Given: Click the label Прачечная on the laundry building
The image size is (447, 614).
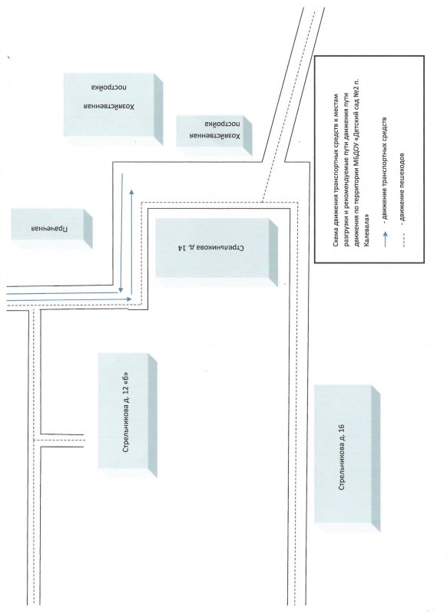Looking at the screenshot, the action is (x=49, y=228).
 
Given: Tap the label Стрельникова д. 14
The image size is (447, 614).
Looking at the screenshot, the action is (x=210, y=248).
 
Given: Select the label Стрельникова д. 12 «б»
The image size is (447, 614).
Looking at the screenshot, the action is (x=126, y=411).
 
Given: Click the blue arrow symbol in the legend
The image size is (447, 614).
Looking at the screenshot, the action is (x=386, y=239).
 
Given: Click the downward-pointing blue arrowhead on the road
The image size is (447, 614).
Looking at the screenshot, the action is (x=121, y=290).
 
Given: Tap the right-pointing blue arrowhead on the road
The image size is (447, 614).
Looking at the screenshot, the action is (x=129, y=299).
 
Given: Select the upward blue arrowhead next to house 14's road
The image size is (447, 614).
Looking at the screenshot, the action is (x=131, y=192).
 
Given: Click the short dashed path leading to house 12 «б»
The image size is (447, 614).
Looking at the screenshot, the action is (x=59, y=440).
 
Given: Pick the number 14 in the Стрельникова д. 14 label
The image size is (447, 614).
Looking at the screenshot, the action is (x=182, y=248).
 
